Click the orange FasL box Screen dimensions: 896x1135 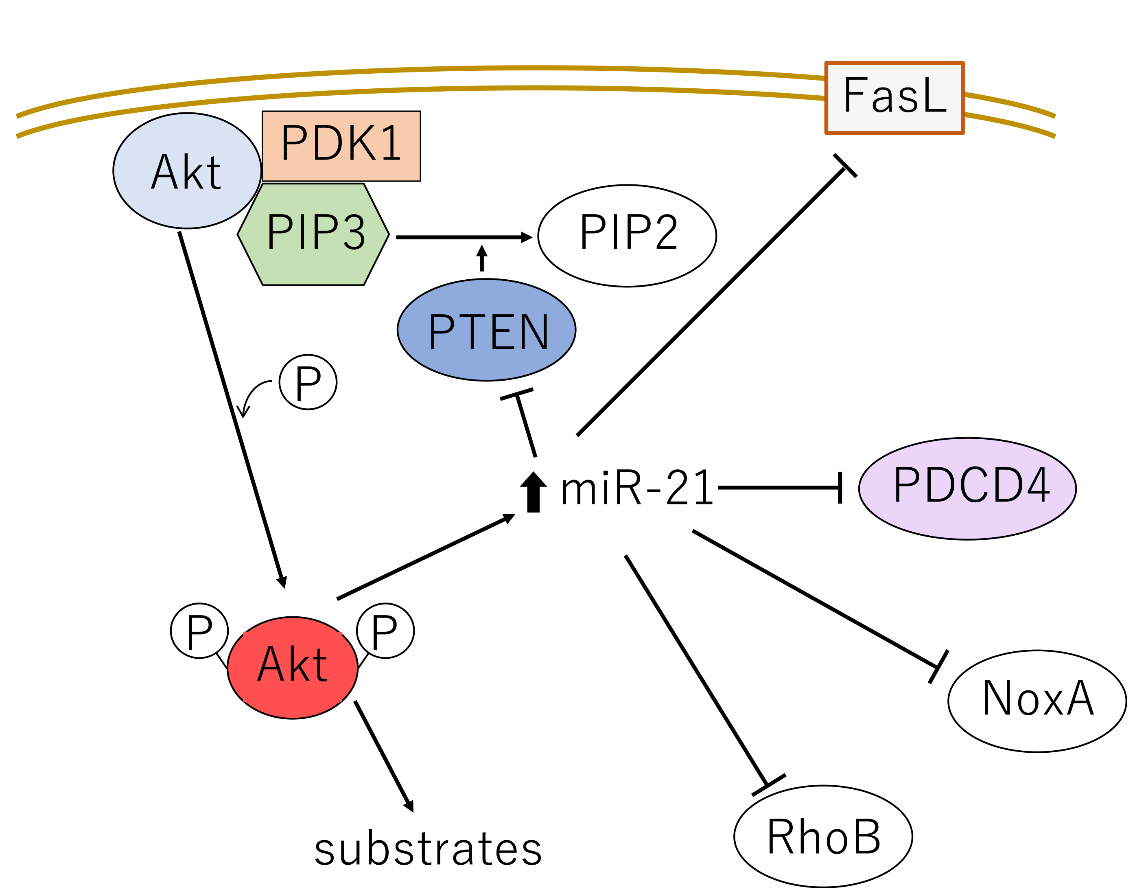coord(894,98)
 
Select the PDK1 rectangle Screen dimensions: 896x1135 coord(341,146)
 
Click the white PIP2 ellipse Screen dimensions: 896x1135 coord(627,236)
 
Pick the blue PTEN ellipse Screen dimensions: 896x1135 coord(486,330)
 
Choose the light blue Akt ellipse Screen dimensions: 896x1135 coord(187,171)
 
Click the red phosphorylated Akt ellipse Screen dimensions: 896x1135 coord(292,667)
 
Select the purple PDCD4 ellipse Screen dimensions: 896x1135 coord(967,489)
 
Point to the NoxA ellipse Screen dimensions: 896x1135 coord(1037,701)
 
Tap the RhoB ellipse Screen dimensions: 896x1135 coord(823,836)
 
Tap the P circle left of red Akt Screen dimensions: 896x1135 coord(199,631)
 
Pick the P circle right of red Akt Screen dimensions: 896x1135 coord(385,631)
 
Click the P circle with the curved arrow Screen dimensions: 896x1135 coord(308,382)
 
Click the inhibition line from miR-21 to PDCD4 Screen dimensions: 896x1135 coord(779,487)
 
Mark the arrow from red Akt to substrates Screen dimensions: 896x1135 coord(383,756)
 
